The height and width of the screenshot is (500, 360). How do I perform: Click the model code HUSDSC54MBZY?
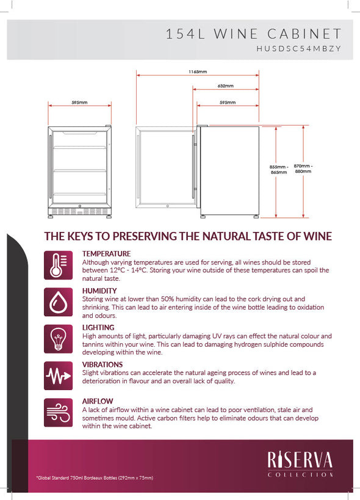coord(299,48)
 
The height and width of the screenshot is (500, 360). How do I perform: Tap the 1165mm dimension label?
coord(198,72)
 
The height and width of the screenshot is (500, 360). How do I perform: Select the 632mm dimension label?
coord(226,86)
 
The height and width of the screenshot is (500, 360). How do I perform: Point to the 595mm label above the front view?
coord(79,103)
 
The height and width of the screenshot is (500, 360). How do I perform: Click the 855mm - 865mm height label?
coord(279,169)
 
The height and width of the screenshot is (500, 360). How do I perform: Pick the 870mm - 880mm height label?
coord(303,168)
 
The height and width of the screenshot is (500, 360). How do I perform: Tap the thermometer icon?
coord(59,265)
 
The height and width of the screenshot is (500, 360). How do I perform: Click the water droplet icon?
coord(59,302)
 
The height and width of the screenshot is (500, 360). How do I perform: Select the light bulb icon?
coord(59,339)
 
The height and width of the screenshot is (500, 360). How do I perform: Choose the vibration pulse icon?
coord(59,375)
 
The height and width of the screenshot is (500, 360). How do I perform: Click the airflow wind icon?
coord(59,413)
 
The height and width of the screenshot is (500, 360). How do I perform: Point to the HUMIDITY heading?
coord(99,291)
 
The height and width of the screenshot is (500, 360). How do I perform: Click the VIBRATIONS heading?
coord(103,364)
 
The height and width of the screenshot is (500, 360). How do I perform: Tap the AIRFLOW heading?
coord(98,401)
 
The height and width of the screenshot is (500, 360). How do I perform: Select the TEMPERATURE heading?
coord(106,254)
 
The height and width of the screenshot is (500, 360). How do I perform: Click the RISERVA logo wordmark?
coord(300,460)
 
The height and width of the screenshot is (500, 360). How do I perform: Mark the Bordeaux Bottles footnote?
coord(95,477)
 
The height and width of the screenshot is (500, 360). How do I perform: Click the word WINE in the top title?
coord(236,34)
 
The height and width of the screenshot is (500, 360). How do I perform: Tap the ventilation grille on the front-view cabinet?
coord(79,211)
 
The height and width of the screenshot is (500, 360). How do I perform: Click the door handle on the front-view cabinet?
coord(50,167)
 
